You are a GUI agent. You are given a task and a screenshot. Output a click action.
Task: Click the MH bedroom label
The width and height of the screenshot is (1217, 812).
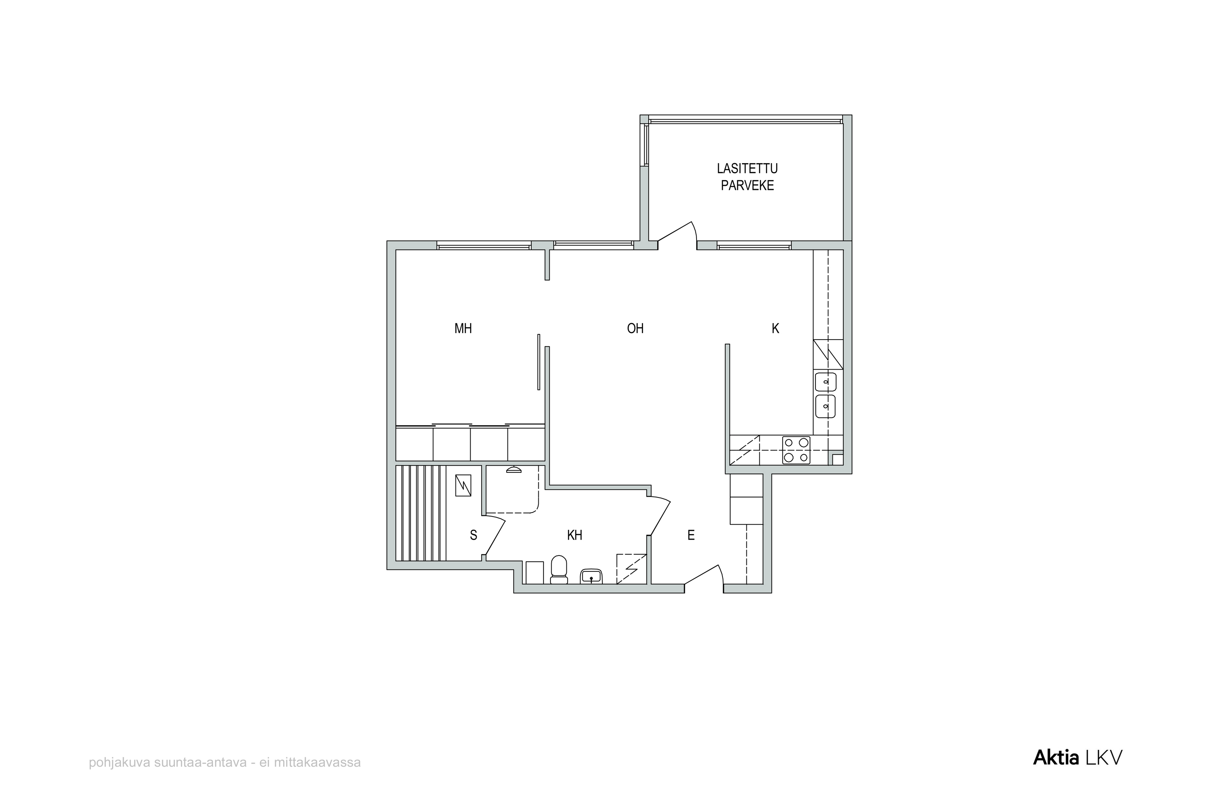click(463, 328)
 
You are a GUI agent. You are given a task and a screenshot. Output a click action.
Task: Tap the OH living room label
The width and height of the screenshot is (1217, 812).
click(635, 328)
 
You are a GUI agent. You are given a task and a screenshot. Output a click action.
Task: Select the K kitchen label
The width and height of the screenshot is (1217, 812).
click(776, 328)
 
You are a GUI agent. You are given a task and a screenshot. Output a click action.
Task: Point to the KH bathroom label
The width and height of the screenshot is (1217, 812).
click(574, 535)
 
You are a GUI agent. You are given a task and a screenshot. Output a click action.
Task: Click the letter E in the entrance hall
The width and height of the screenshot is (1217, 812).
click(691, 535)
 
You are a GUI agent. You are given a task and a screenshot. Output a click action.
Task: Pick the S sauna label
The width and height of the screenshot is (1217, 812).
click(473, 535)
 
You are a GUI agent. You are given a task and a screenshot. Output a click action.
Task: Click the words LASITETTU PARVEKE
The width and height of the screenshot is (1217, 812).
click(747, 177)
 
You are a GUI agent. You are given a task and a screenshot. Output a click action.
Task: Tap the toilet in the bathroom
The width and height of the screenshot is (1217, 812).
click(559, 570)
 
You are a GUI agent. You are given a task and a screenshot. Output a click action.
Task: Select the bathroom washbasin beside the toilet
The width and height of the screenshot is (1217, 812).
click(591, 576)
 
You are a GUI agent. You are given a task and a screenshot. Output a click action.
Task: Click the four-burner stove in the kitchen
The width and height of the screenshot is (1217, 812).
click(796, 450)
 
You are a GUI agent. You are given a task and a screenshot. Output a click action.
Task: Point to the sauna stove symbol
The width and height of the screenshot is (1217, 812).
click(463, 485)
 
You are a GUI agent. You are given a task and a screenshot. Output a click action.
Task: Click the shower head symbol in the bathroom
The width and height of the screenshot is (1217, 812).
click(514, 470)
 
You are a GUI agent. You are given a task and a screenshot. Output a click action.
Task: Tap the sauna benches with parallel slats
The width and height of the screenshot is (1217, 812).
click(421, 513)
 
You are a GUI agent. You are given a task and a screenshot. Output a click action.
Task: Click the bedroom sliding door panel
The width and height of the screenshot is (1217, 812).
click(539, 362)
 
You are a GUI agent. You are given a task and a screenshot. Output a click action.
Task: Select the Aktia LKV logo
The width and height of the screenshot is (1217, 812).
click(1078, 758)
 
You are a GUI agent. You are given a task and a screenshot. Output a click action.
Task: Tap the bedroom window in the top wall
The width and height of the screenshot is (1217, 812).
click(484, 246)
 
